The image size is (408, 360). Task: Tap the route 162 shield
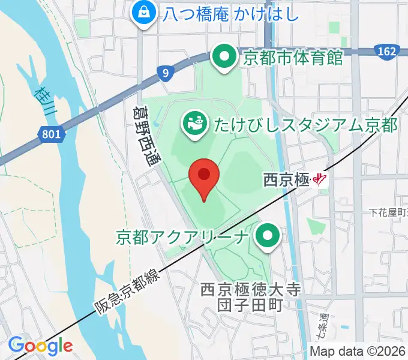[388, 52]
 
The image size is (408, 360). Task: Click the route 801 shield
[52, 135]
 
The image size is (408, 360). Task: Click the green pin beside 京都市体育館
[225, 58]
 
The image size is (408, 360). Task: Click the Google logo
[40, 346]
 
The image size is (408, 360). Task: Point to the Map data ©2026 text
[358, 351]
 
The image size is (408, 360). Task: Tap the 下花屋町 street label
[388, 212]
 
